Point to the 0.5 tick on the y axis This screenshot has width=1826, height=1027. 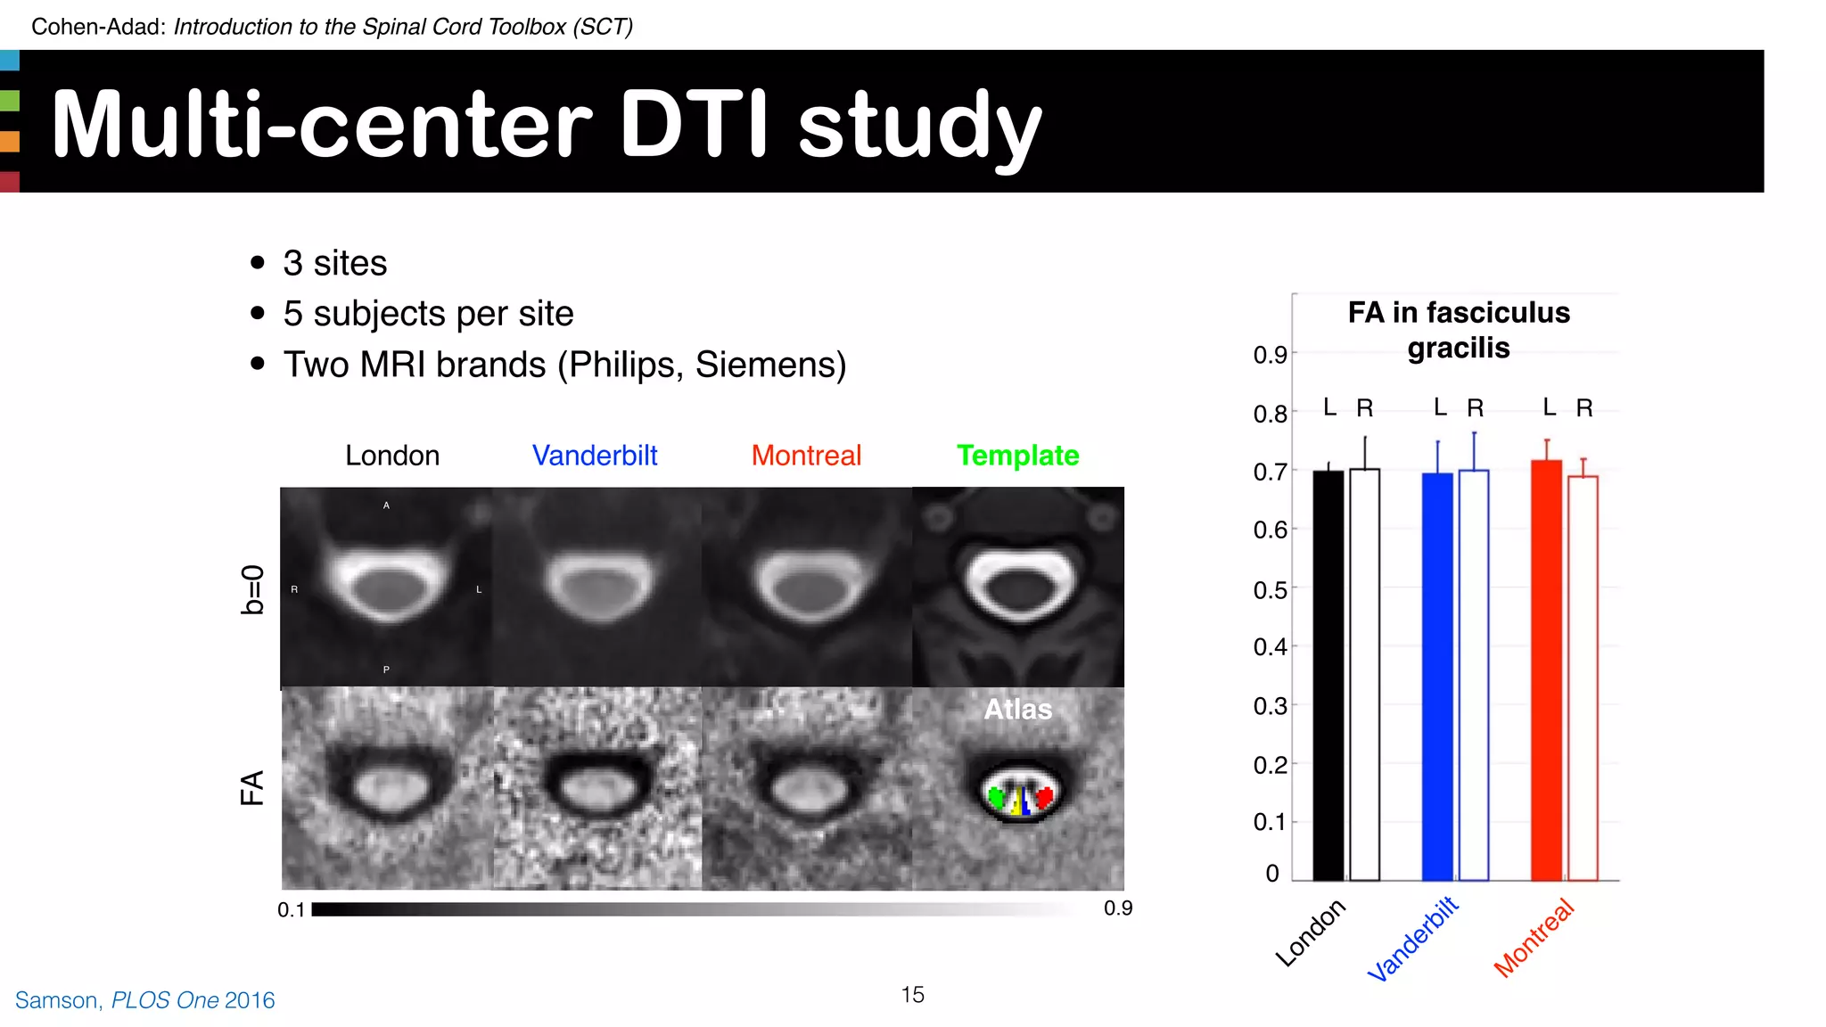click(1270, 590)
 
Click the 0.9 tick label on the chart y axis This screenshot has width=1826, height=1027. click(1270, 355)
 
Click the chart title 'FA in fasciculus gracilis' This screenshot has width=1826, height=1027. click(1459, 330)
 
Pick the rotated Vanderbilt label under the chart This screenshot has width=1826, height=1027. click(1412, 939)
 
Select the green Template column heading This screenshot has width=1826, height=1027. click(1017, 456)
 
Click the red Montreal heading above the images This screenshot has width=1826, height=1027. click(806, 456)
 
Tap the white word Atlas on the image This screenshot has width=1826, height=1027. click(1017, 710)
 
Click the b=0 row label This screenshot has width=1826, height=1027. click(253, 589)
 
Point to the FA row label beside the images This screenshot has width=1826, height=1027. click(253, 788)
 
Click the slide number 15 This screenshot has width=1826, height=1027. click(912, 995)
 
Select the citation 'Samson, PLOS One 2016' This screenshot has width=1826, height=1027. click(145, 1000)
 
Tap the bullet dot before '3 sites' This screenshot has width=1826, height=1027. click(258, 262)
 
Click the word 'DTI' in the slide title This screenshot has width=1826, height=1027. click(693, 125)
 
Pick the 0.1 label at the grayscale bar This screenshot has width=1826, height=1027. click(291, 910)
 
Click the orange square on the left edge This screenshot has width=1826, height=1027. click(10, 141)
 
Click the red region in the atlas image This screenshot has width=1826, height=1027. click(1044, 795)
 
